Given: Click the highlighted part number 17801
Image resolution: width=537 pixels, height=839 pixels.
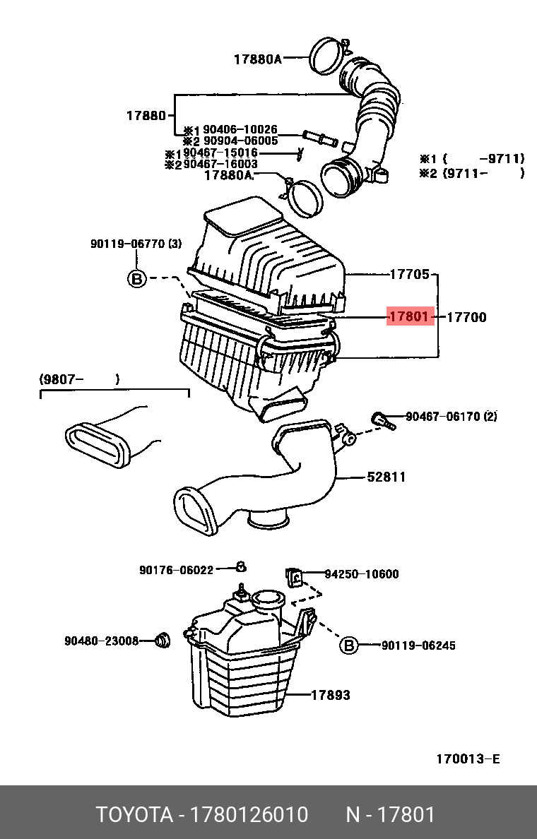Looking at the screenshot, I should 408,317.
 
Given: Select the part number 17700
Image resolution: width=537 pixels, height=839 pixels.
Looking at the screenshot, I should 466,318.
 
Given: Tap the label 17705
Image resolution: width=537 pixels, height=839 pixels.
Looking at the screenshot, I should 410,274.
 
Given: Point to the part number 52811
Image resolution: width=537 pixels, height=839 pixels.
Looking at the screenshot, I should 386,477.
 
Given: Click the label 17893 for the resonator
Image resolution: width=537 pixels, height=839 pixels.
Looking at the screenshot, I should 331,696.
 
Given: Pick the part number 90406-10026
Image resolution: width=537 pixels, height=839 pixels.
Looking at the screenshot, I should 240,130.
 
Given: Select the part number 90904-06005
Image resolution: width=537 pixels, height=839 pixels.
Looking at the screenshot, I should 240,141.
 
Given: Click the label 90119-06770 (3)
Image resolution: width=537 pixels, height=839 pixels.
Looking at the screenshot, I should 136,244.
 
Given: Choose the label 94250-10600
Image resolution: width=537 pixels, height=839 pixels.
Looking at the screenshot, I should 361,574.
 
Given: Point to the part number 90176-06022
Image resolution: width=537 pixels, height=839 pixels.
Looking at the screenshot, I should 176,570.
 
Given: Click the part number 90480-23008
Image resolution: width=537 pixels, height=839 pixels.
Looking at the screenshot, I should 101,641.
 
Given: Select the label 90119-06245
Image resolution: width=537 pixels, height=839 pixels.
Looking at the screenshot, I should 418,645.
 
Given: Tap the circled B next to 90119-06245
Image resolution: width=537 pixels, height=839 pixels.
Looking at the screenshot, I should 349,645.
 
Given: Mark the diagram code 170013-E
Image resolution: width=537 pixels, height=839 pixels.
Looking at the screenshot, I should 467,759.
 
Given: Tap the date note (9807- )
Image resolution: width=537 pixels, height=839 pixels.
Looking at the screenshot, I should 78,380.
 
